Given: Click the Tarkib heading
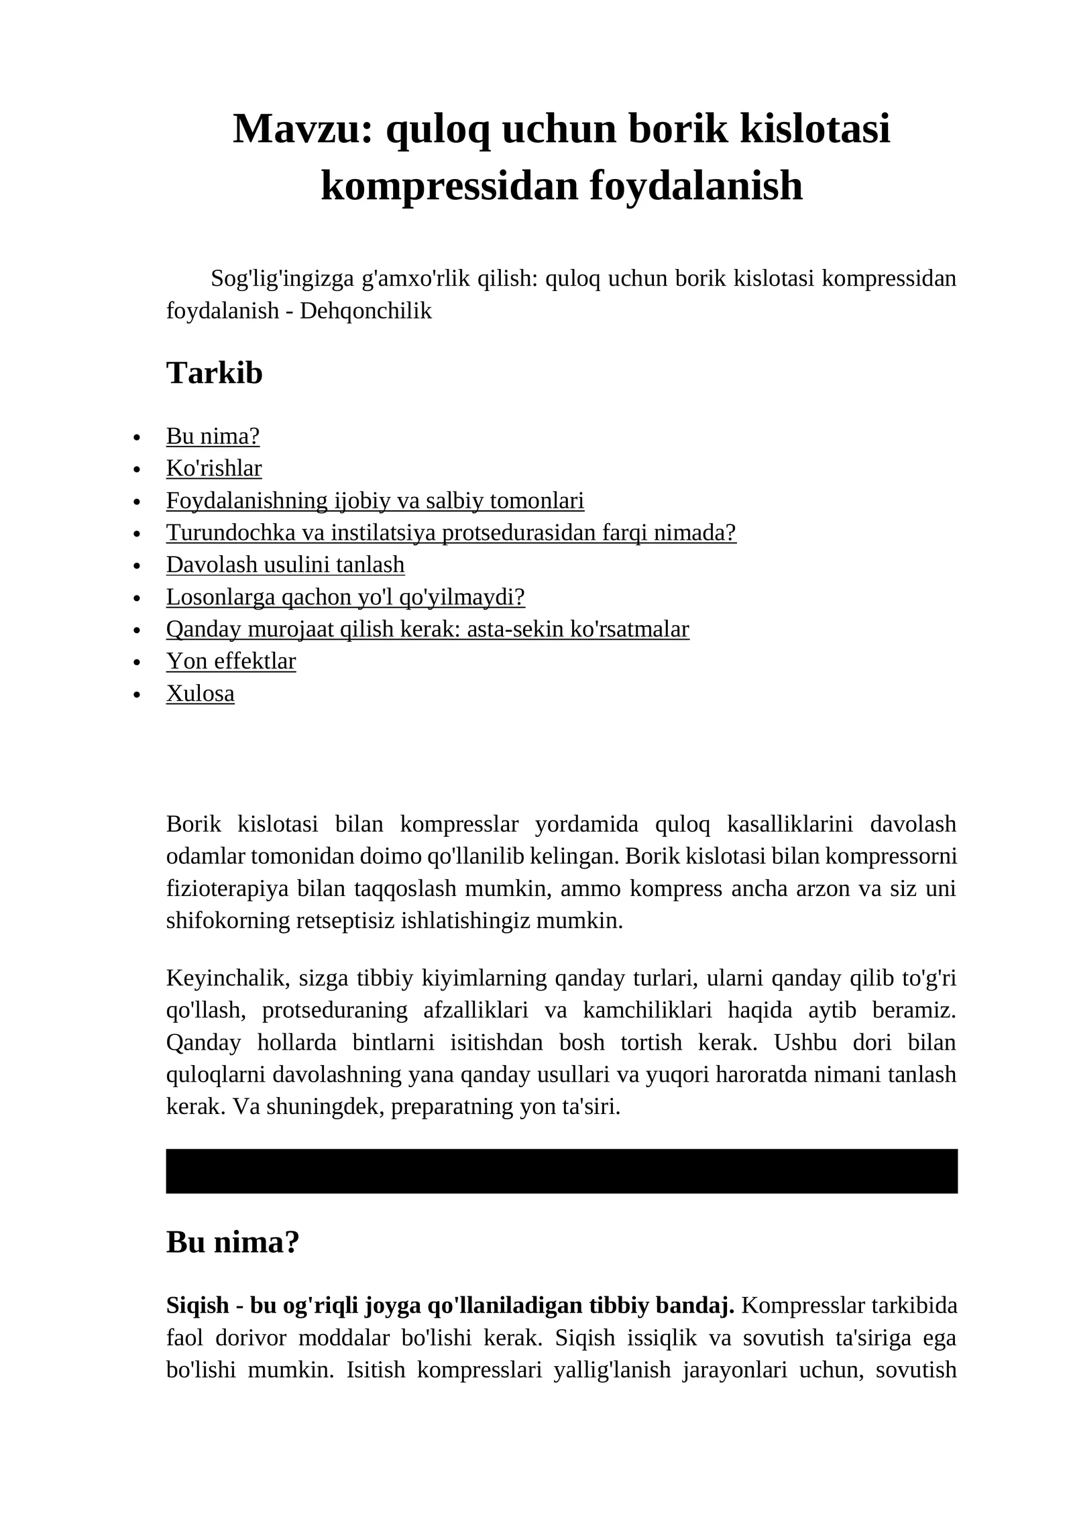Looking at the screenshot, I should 214,373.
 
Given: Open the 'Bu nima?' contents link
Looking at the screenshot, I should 213,436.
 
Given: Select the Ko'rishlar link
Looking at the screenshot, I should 214,468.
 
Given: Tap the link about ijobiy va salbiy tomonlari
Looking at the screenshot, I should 375,500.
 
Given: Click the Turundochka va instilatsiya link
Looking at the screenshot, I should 451,532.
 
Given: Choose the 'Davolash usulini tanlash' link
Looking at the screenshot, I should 285,565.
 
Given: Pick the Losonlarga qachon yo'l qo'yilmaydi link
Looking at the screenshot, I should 345,597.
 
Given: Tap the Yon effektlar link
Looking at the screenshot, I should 231,661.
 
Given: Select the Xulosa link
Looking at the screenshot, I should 200,693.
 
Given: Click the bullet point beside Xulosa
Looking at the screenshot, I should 137,695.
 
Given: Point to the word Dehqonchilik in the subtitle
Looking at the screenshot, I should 365,311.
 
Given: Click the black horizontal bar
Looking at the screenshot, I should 561,1171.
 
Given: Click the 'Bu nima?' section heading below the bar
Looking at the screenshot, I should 232,1243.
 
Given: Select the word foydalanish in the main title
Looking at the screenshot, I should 695,186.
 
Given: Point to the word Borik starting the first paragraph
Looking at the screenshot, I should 193,824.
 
